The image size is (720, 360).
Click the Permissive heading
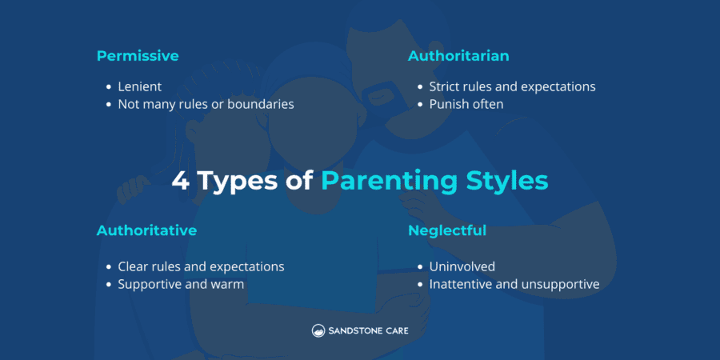138,56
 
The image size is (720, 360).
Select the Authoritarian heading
458,56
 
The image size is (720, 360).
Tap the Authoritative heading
146,230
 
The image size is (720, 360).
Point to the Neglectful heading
446,230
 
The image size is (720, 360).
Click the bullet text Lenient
140,86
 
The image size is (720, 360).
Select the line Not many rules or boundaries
206,104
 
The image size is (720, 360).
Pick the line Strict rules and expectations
512,86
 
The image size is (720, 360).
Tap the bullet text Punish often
466,104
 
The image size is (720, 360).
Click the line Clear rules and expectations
201,266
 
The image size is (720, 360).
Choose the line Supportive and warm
181,284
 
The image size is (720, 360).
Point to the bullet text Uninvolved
462,266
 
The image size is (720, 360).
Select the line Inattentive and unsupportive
514,284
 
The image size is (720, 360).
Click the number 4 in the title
181,181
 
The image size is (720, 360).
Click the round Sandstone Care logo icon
318,330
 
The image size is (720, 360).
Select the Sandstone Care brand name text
369,330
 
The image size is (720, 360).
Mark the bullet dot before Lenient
108,87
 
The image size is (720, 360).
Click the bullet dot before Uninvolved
419,267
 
